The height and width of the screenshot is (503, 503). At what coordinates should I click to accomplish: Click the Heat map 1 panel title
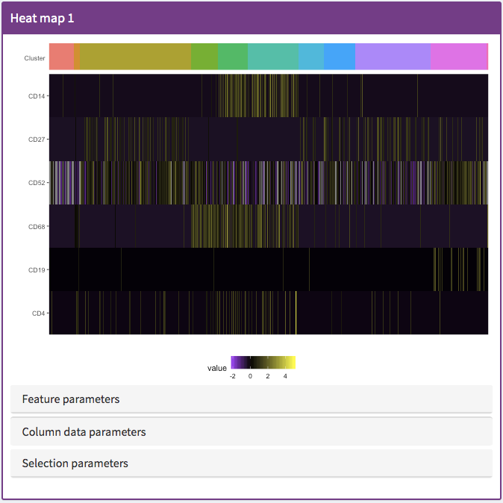(42, 18)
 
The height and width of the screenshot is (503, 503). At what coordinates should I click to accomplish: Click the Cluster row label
(35, 57)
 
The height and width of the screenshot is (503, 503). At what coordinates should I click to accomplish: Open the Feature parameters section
(71, 399)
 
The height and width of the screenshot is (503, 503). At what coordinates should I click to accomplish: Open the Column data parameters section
(84, 432)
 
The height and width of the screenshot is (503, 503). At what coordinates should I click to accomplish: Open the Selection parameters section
(75, 463)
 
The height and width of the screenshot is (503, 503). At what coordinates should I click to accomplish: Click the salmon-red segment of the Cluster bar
(62, 57)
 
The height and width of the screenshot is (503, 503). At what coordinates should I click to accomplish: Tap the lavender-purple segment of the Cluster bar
(393, 57)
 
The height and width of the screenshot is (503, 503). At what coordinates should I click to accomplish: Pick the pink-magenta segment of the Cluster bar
(458, 57)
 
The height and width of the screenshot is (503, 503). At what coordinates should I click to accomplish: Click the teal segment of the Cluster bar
(272, 57)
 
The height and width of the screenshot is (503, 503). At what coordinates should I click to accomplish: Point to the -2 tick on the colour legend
(234, 377)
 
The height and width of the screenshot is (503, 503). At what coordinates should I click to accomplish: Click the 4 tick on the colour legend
(285, 377)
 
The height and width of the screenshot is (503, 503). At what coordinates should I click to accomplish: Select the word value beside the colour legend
(217, 368)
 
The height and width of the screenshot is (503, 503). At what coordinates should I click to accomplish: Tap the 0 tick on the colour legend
(250, 377)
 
